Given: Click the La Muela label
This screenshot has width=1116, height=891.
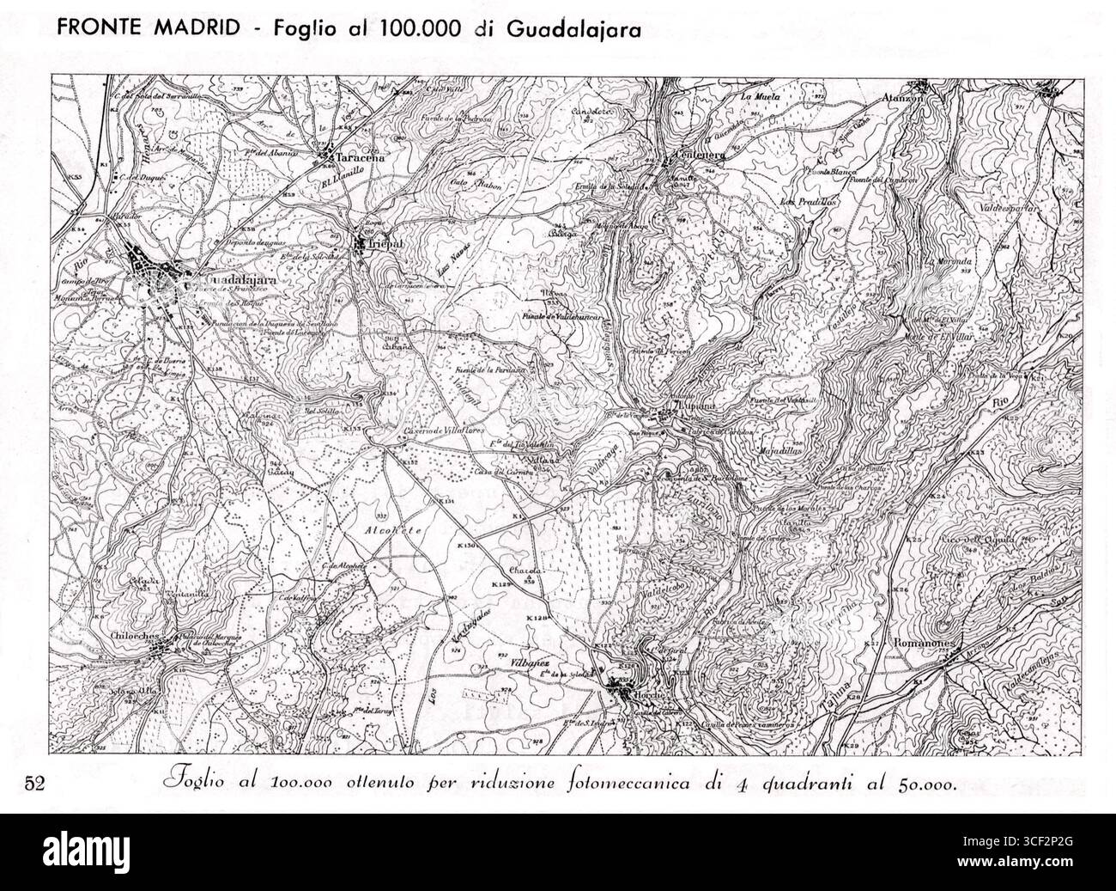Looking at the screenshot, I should pos(761,97).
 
